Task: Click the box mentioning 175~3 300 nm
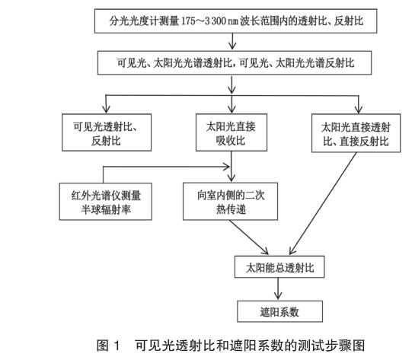coord(235,21)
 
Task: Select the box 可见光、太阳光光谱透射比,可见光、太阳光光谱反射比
coord(235,63)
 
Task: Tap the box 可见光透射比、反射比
coord(107,132)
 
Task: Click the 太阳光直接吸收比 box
coord(232,132)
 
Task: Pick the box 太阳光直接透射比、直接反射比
coord(356,133)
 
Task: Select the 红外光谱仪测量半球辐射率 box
coord(106,202)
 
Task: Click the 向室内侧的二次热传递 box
coord(231,202)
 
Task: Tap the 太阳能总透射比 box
coord(279,267)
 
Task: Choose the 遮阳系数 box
coord(279,311)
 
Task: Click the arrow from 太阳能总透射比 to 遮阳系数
coord(278,288)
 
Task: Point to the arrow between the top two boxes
coord(232,41)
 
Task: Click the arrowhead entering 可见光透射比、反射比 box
coord(106,110)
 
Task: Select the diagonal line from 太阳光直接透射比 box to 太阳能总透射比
coord(323,203)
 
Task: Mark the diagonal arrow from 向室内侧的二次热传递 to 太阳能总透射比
coord(248,237)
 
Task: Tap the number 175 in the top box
coord(188,21)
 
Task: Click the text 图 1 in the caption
coord(108,345)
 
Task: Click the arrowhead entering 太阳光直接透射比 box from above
coord(359,110)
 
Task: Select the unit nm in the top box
coord(233,21)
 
